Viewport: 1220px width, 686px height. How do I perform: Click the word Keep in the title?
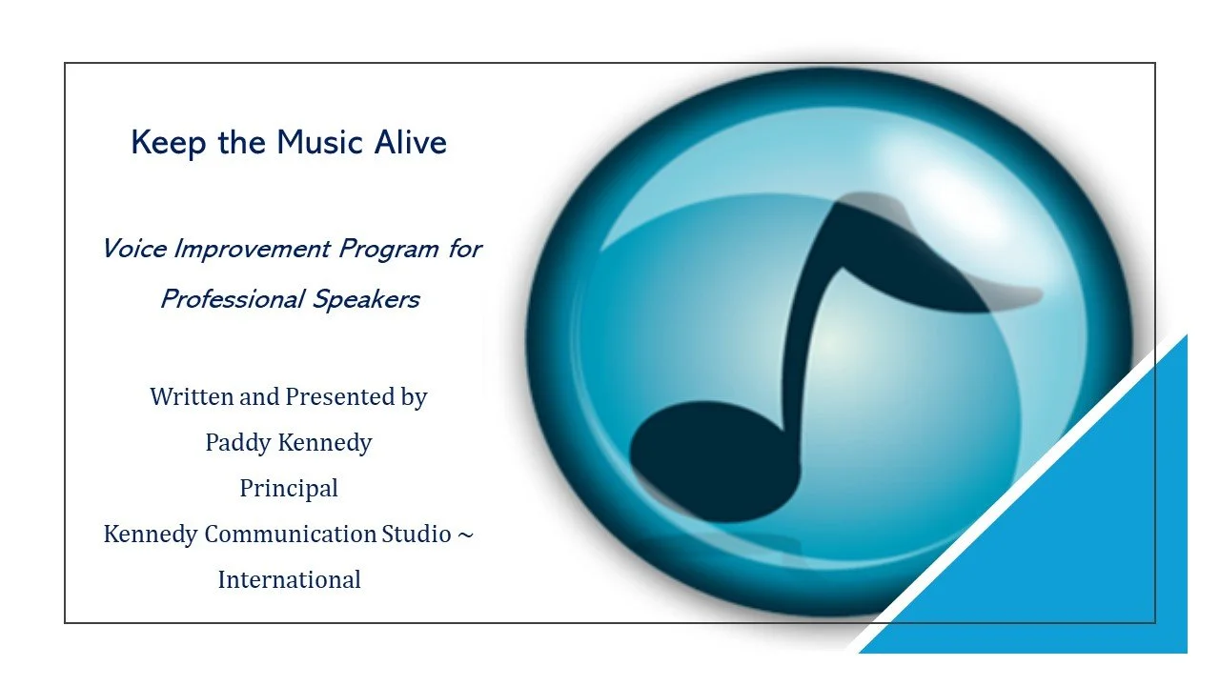click(163, 143)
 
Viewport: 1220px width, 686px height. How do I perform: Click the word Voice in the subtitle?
click(134, 250)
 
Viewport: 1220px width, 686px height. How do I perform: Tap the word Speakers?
click(367, 300)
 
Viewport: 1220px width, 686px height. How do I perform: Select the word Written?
click(191, 396)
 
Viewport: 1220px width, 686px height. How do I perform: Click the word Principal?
click(289, 488)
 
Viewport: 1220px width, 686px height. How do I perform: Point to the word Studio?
click(417, 534)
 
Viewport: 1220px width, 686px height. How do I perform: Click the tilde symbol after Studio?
click(464, 534)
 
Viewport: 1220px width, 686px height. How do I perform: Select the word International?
click(289, 578)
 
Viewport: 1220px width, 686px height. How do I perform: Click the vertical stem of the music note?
click(808, 324)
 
